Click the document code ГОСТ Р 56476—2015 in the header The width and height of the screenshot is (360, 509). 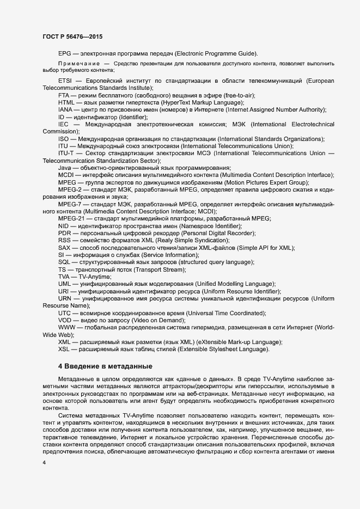coord(72,36)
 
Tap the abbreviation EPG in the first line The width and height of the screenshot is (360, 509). coord(65,53)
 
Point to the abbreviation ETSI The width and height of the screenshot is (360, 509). coord(65,81)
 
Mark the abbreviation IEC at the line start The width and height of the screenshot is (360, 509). coord(63,124)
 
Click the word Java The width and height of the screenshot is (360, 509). coord(65,168)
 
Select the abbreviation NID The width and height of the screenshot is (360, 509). coord(64,225)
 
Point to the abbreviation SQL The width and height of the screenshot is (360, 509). coord(64,262)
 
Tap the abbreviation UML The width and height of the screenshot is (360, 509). coord(65,284)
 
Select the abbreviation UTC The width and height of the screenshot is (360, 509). coord(65,313)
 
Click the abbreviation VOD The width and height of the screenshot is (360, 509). coord(65,320)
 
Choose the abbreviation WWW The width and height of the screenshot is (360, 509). coord(66,327)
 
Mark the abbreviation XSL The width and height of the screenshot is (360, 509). coord(64,349)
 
